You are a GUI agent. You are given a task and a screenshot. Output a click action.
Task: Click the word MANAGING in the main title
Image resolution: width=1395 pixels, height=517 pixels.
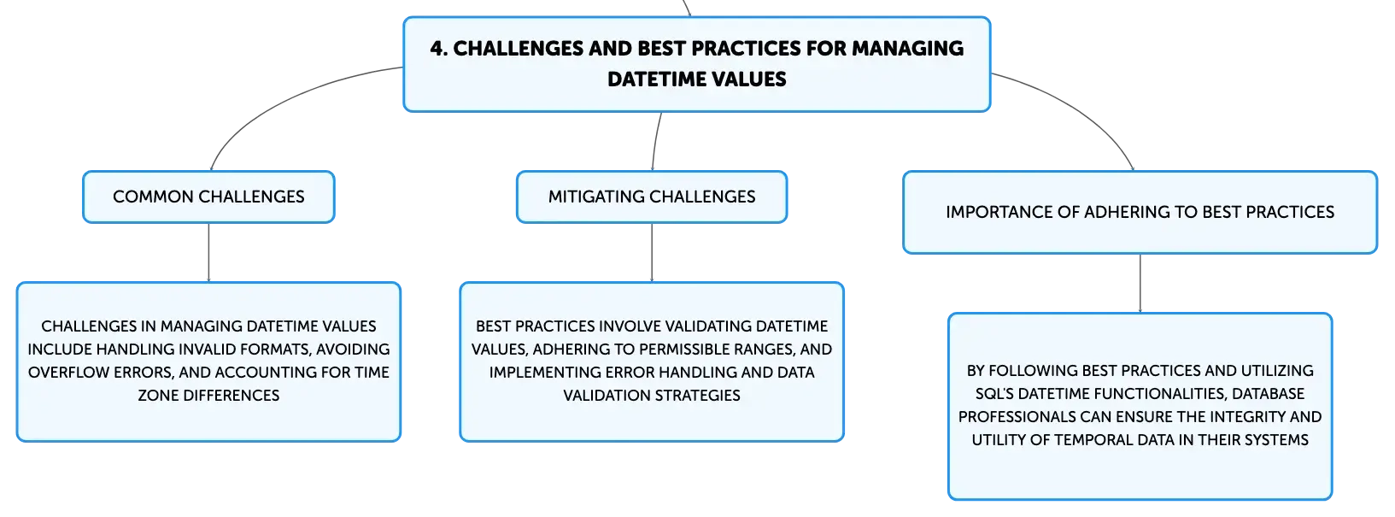tap(907, 49)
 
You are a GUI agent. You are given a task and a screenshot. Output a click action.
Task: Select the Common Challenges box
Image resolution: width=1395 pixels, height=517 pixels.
tap(208, 197)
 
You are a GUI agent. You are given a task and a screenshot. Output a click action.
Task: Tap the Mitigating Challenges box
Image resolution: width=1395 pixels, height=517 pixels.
tap(652, 197)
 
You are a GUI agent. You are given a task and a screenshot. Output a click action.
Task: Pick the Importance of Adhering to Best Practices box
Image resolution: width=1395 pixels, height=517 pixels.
tap(1140, 213)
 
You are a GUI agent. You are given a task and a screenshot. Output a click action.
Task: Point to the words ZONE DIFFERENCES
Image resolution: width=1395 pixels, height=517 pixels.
tap(208, 396)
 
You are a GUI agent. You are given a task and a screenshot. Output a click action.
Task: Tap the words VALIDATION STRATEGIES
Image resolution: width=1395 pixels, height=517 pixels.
tap(652, 396)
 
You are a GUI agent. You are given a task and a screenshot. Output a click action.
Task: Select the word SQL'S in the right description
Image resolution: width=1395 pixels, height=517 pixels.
tap(994, 394)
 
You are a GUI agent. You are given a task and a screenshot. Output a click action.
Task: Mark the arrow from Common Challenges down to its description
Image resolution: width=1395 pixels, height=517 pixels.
tap(208, 252)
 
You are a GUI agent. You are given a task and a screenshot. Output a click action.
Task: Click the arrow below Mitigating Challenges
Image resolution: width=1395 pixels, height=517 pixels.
tap(652, 252)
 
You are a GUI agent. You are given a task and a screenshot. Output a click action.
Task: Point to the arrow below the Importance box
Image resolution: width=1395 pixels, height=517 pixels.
tap(1140, 284)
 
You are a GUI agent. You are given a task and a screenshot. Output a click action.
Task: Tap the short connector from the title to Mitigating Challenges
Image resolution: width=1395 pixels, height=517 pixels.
tap(655, 141)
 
